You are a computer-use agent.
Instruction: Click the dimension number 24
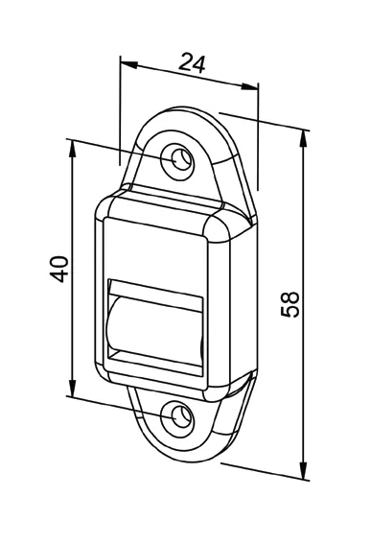pos(192,62)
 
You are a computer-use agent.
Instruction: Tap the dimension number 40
pos(58,269)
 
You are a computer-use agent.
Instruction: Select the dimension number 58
pos(290,304)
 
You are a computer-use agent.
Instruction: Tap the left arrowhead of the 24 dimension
pos(129,64)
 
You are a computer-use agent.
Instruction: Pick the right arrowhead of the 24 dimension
pos(249,86)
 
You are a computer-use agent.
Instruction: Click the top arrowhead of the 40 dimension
pos(72,149)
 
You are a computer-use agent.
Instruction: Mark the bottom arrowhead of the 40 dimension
pos(72,388)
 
